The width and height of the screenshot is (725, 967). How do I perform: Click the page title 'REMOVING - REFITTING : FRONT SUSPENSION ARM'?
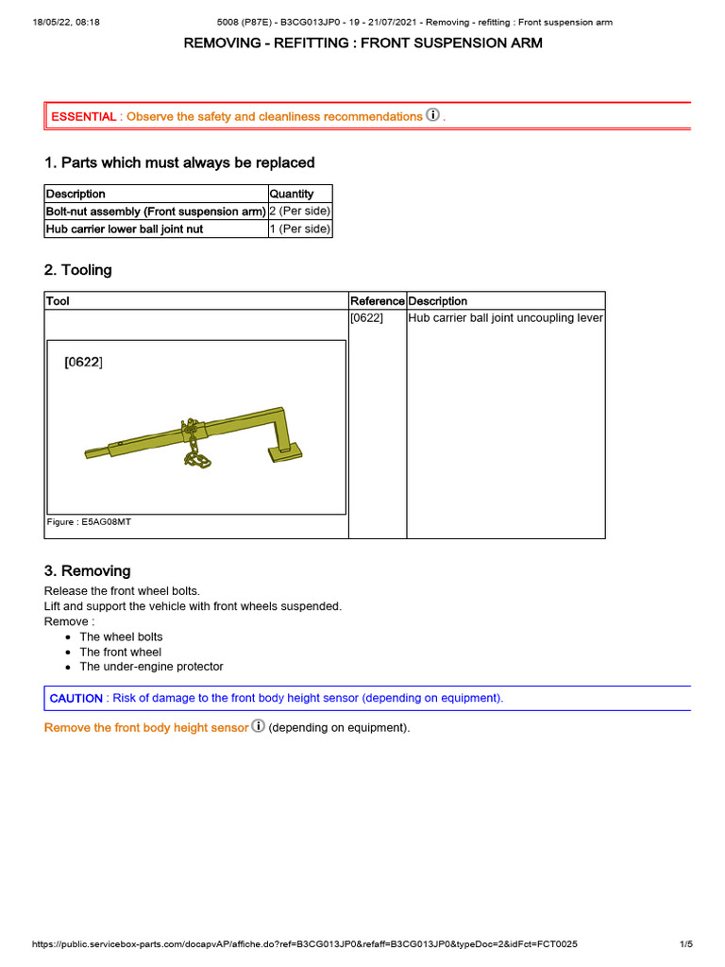[x=362, y=43]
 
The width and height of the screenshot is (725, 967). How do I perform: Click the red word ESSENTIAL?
[x=84, y=116]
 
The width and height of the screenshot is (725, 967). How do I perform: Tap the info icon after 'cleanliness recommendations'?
[x=433, y=115]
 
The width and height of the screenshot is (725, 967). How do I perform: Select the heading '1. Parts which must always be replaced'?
[x=179, y=162]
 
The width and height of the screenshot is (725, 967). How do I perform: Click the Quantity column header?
[x=292, y=194]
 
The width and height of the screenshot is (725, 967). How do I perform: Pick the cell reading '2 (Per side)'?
[x=300, y=212]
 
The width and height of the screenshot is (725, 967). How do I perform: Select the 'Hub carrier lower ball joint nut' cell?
[x=125, y=229]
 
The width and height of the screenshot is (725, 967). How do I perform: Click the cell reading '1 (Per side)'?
[x=300, y=229]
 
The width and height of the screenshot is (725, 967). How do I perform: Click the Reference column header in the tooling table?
[x=378, y=301]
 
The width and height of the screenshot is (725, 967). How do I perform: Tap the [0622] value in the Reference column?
[x=366, y=318]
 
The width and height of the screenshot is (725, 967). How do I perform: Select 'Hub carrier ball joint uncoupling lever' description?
[x=505, y=318]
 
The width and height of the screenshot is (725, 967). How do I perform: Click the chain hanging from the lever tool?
[x=195, y=449]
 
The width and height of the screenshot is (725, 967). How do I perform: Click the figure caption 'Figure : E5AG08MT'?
[x=89, y=521]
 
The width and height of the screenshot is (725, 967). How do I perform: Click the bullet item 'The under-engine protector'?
[x=151, y=667]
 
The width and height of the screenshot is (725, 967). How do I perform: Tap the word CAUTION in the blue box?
[x=76, y=698]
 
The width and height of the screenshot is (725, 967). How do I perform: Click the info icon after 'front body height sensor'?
[x=259, y=727]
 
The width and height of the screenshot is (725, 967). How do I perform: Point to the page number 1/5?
[x=685, y=944]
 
